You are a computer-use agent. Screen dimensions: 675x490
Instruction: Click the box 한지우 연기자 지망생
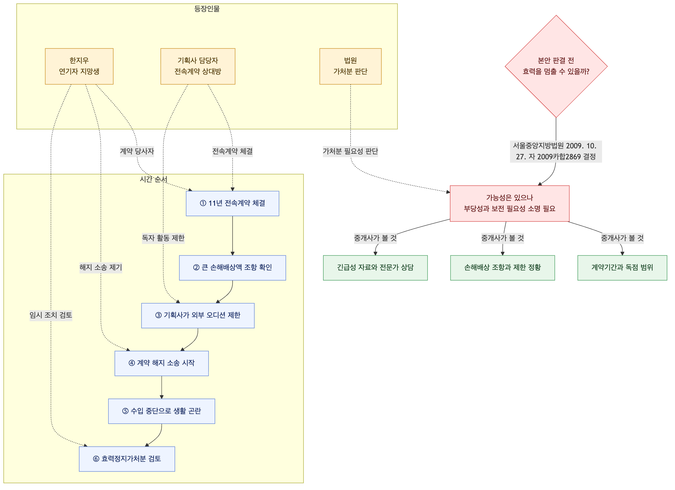click(79, 66)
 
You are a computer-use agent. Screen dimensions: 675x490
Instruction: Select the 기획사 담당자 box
click(198, 66)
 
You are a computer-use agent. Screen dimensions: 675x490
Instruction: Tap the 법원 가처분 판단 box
click(350, 66)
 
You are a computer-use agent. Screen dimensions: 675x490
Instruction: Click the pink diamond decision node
click(556, 66)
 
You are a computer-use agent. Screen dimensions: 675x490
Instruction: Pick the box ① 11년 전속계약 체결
click(233, 203)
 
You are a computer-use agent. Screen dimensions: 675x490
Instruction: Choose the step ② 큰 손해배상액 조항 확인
click(233, 268)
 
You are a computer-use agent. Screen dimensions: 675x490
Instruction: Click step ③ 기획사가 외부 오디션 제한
click(198, 316)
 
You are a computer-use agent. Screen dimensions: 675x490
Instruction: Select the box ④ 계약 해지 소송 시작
click(162, 363)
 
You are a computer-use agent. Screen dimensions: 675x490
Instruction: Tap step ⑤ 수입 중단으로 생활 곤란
click(162, 411)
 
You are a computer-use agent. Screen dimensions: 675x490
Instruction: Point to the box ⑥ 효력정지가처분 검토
click(127, 459)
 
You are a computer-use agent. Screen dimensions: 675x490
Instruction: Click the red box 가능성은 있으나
click(509, 203)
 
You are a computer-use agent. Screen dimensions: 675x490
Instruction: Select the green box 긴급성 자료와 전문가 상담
click(375, 268)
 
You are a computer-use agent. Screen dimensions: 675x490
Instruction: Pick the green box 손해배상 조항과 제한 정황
click(503, 268)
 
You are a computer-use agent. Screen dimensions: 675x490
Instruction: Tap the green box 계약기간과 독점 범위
click(622, 268)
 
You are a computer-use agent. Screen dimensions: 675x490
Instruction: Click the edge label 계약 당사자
click(137, 151)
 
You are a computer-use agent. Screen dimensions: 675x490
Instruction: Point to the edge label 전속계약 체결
click(233, 151)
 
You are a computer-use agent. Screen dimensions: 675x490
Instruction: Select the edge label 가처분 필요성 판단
click(350, 151)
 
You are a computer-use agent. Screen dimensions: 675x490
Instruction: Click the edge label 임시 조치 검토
click(51, 315)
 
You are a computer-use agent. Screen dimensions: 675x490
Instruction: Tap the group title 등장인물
click(207, 9)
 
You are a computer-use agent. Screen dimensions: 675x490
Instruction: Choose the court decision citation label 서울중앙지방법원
click(556, 151)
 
